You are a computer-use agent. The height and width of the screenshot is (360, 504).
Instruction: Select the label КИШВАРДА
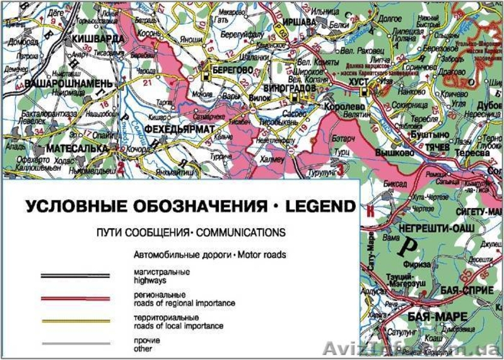[97, 38]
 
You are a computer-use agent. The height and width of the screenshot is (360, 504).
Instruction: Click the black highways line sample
[75, 275]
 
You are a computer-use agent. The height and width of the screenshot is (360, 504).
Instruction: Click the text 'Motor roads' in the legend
[262, 255]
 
